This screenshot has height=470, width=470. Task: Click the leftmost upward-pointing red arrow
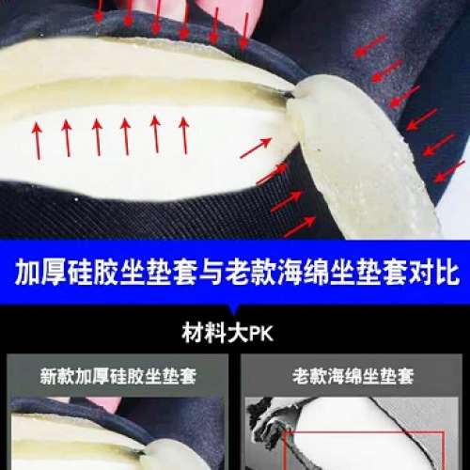[38, 138]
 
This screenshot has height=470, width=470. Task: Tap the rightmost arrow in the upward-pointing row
[184, 134]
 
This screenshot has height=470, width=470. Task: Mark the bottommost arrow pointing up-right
[299, 227]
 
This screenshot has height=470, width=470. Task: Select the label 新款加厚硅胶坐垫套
[117, 377]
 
